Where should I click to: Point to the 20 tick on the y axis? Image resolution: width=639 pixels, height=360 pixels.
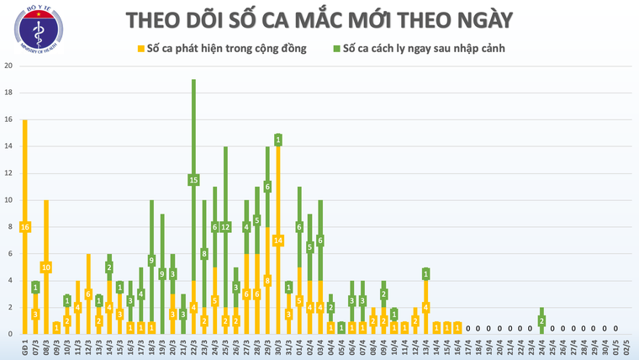(x=8, y=66)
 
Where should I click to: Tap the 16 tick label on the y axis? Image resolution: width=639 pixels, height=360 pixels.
(x=8, y=119)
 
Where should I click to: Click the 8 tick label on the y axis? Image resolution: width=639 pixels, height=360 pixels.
(x=8, y=226)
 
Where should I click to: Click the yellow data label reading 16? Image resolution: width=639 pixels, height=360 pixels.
(x=24, y=227)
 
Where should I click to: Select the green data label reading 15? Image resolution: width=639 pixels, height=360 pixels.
(x=193, y=179)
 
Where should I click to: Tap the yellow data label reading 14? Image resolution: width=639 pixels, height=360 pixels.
(x=278, y=241)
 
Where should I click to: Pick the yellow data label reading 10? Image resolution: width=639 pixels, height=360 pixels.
(x=46, y=267)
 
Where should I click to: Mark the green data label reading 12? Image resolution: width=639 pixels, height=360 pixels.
(x=225, y=227)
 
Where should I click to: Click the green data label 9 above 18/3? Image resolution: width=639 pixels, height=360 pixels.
(x=151, y=261)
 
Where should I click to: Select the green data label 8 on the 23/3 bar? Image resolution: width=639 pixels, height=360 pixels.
(x=204, y=253)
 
